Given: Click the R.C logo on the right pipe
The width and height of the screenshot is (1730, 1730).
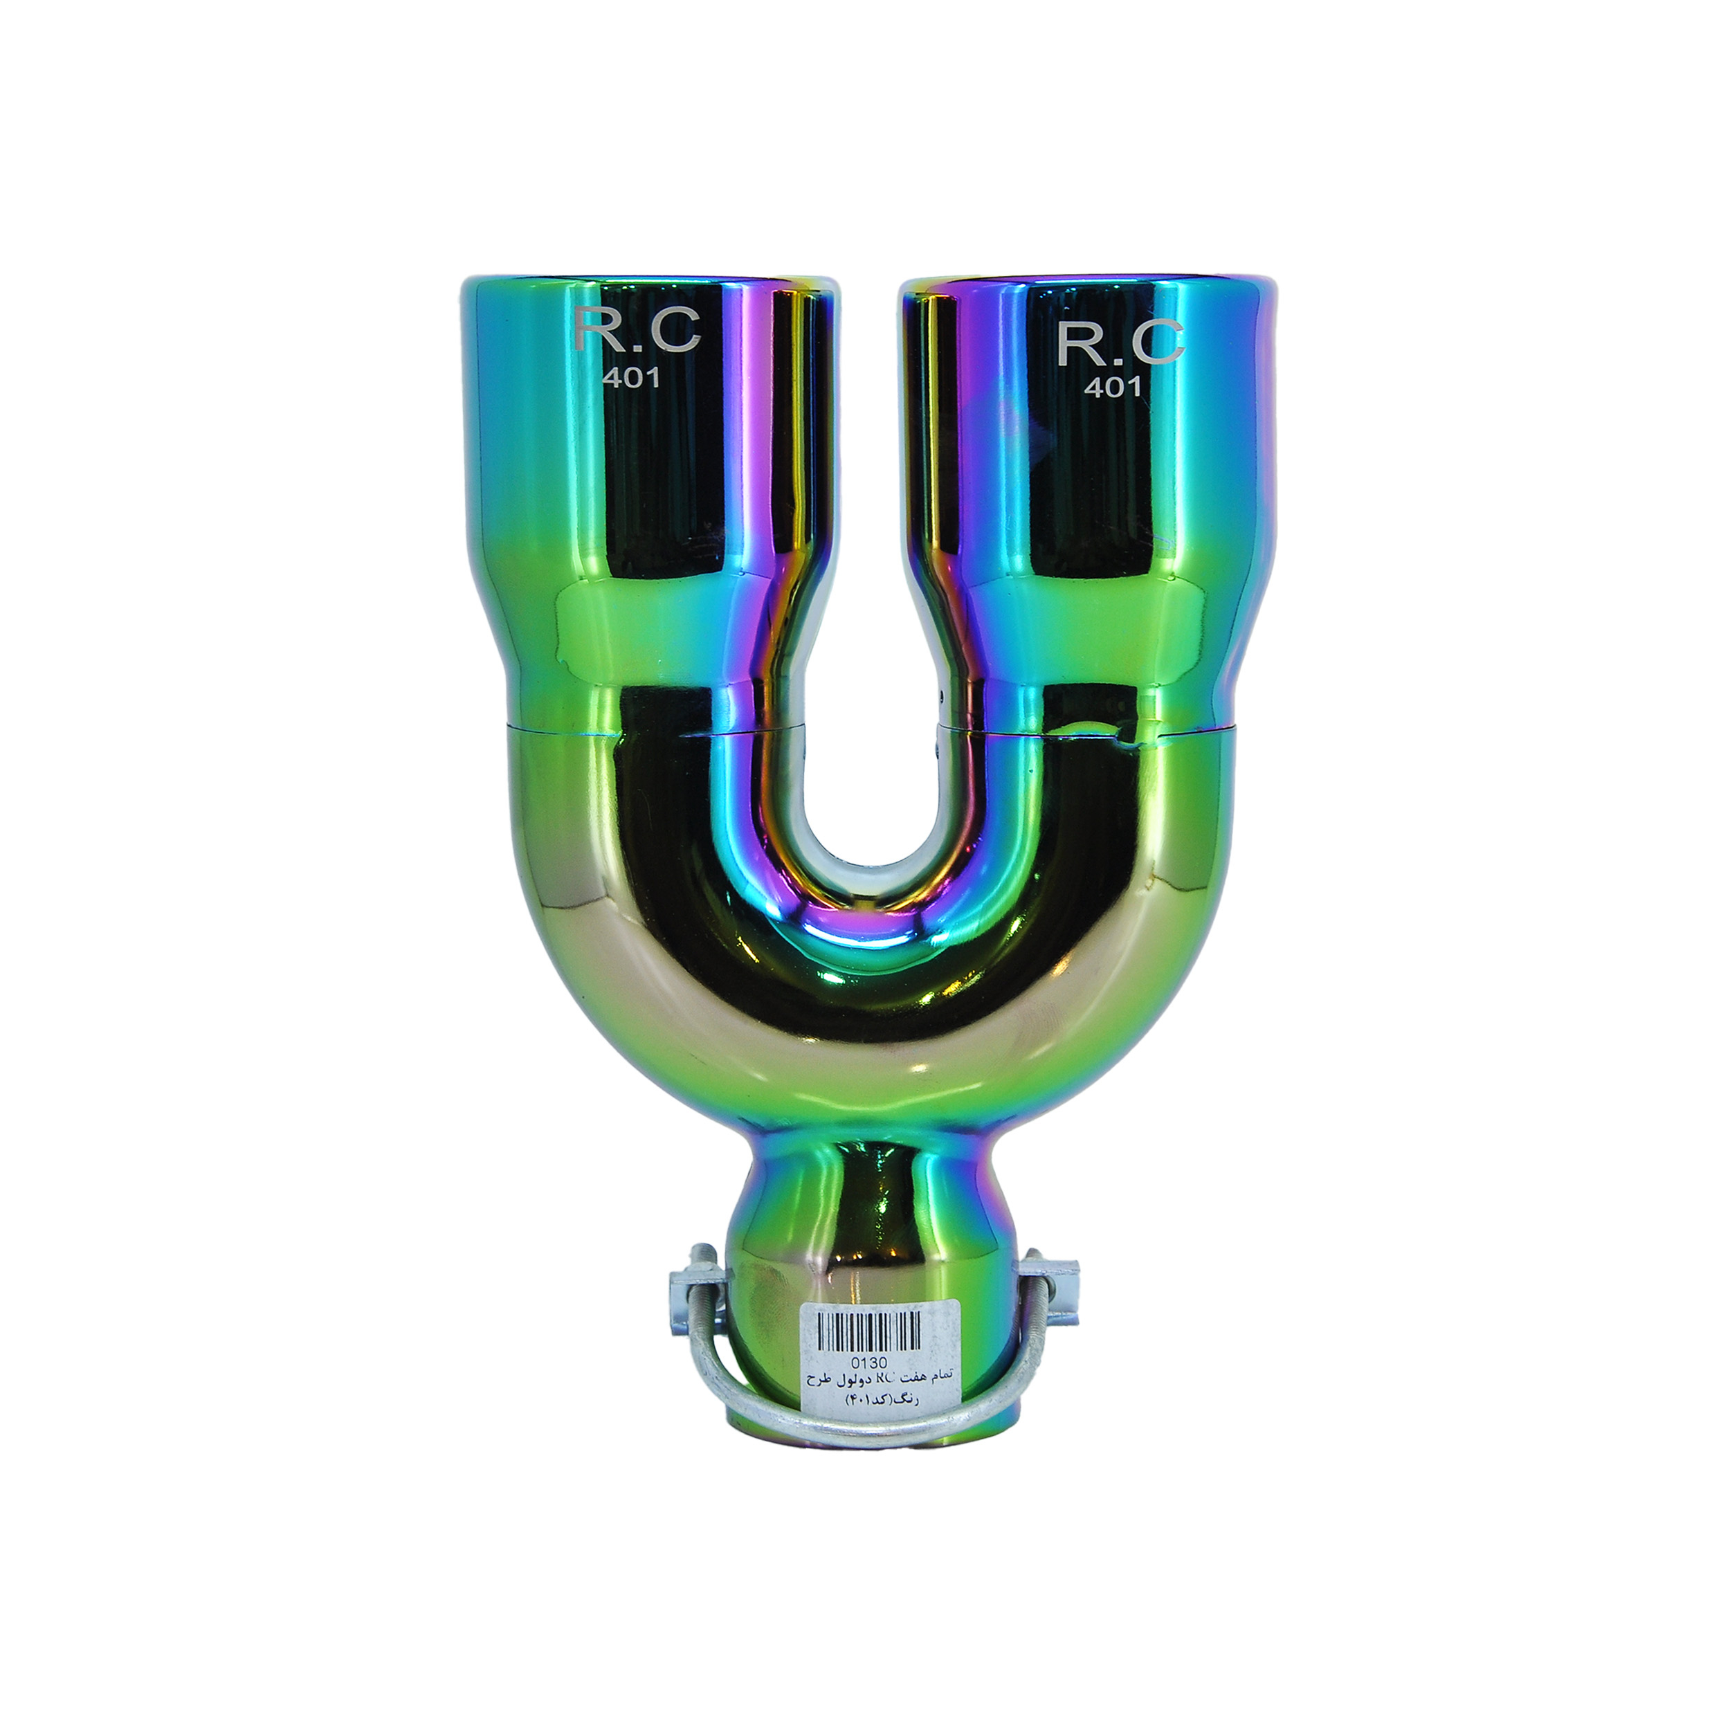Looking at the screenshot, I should [x=1120, y=342].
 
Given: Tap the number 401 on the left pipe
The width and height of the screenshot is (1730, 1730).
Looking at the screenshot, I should [x=631, y=378].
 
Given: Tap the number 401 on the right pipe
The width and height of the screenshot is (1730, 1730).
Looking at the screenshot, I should [x=1113, y=386].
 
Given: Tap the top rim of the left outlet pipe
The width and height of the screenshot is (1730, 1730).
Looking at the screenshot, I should [x=652, y=280].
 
